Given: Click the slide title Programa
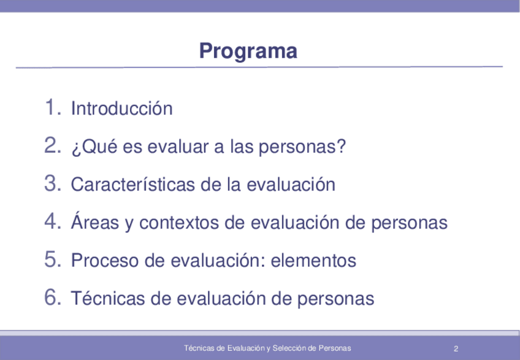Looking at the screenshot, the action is tap(248, 51).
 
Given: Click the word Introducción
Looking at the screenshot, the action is tap(121, 108).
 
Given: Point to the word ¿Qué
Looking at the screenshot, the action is tap(94, 146).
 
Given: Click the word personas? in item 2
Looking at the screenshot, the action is tap(302, 147).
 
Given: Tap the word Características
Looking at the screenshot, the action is tap(133, 184).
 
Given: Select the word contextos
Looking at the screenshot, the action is tap(179, 223).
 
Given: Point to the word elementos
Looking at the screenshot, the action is tap(313, 260).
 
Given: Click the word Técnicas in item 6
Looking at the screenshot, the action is tap(108, 297).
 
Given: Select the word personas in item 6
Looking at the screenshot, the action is tap(335, 299).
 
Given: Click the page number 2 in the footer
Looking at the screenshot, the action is tap(456, 348).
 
